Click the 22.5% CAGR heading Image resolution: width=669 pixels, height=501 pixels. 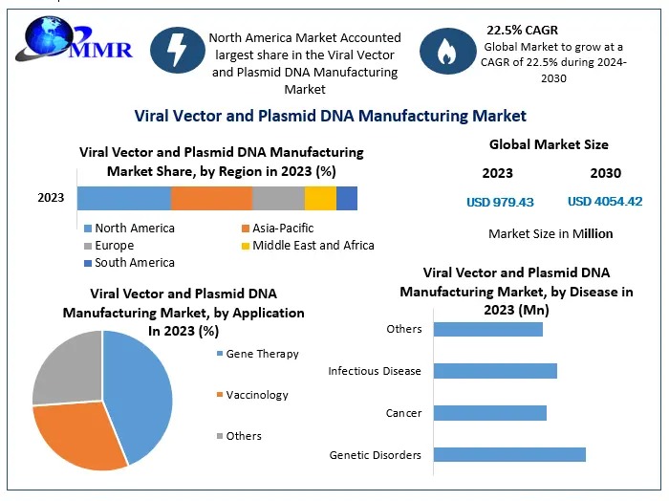tap(522, 30)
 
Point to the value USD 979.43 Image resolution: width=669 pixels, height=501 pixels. tap(500, 202)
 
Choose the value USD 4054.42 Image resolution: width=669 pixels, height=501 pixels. tap(605, 202)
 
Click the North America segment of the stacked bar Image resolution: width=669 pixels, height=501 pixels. tap(124, 198)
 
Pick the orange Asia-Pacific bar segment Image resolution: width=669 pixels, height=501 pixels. tap(211, 198)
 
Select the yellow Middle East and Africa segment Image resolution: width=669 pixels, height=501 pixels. tap(320, 198)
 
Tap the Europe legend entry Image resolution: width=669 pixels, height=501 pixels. tap(115, 246)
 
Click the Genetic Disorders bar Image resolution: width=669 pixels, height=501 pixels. tap(509, 455)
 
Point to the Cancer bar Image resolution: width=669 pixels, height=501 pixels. tap(489, 413)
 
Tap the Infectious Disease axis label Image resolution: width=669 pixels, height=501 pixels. tap(375, 371)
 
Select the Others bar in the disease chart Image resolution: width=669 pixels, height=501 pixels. tap(487, 329)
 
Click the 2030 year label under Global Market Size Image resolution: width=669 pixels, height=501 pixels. tap(605, 173)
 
